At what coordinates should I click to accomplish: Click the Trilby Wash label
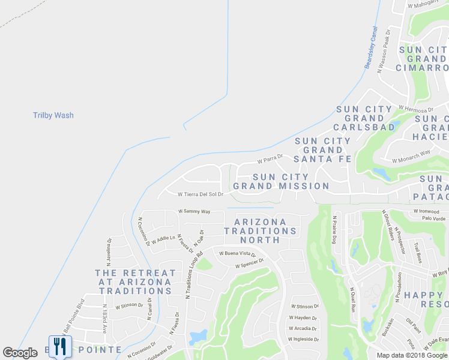[x=53, y=115]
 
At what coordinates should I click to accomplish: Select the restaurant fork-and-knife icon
[x=59, y=346]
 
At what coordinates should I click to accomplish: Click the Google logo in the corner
[x=20, y=353]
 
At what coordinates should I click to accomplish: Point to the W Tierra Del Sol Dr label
[x=200, y=194]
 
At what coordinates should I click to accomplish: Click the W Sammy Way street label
[x=194, y=212]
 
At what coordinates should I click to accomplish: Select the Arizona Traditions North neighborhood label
[x=261, y=230]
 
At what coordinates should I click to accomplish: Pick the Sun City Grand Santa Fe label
[x=323, y=150]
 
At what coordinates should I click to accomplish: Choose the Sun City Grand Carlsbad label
[x=365, y=118]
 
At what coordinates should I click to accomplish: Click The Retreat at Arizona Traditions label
[x=136, y=281]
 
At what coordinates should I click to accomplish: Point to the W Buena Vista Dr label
[x=237, y=254]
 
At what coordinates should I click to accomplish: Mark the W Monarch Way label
[x=411, y=157]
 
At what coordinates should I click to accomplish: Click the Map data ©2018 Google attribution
[x=412, y=355]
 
